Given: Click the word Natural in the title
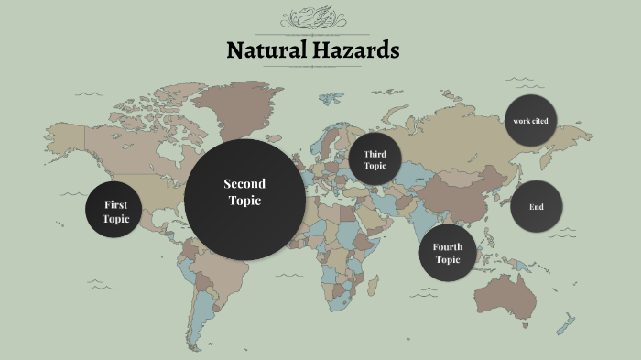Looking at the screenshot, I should point(265,49).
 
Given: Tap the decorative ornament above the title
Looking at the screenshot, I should point(313,18).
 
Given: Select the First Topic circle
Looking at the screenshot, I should point(116,211).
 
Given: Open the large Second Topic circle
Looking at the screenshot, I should point(244,199).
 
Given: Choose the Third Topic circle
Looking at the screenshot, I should point(375,159).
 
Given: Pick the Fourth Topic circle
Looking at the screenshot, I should point(448,253).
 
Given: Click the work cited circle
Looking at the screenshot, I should point(530,121).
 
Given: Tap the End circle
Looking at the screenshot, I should point(537,207).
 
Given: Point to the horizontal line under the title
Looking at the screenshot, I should point(313,67).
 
